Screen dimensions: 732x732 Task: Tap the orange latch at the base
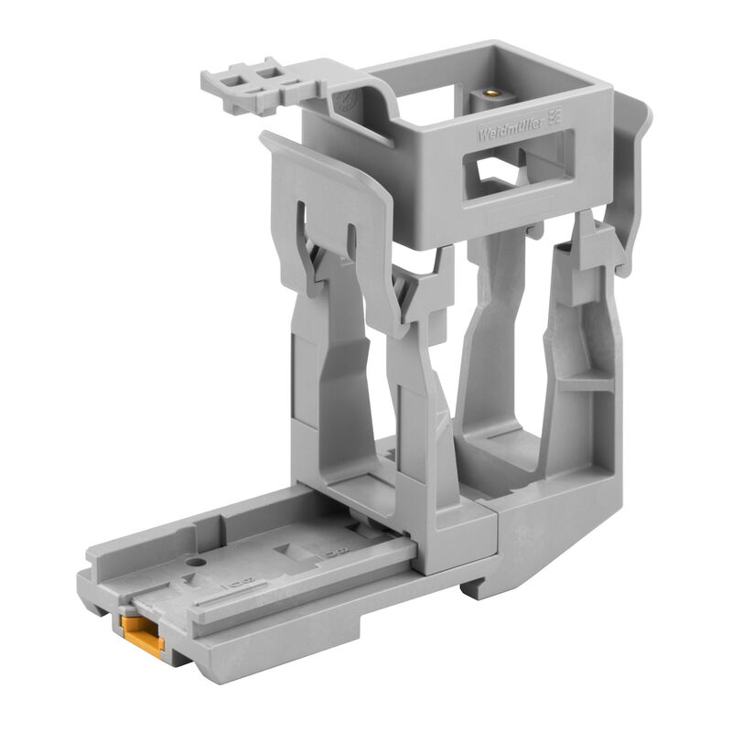pyautogui.click(x=143, y=634)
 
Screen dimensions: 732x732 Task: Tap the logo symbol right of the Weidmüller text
pyautogui.click(x=553, y=116)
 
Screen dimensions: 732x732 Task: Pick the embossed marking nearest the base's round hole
pyautogui.click(x=242, y=580)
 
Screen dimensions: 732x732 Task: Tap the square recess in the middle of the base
pyautogui.click(x=295, y=552)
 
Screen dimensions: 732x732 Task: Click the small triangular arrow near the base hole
pyautogui.click(x=188, y=579)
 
